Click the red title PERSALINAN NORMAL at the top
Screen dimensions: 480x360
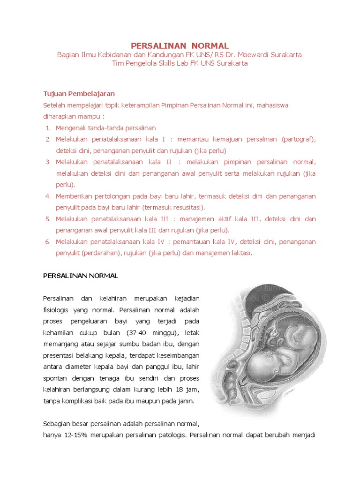(180, 45)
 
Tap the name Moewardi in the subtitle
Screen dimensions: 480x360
(253, 55)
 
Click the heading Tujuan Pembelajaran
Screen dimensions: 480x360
(79, 94)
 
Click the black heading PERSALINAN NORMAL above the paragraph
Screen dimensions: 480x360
(81, 276)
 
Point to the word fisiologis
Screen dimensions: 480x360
(57, 310)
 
